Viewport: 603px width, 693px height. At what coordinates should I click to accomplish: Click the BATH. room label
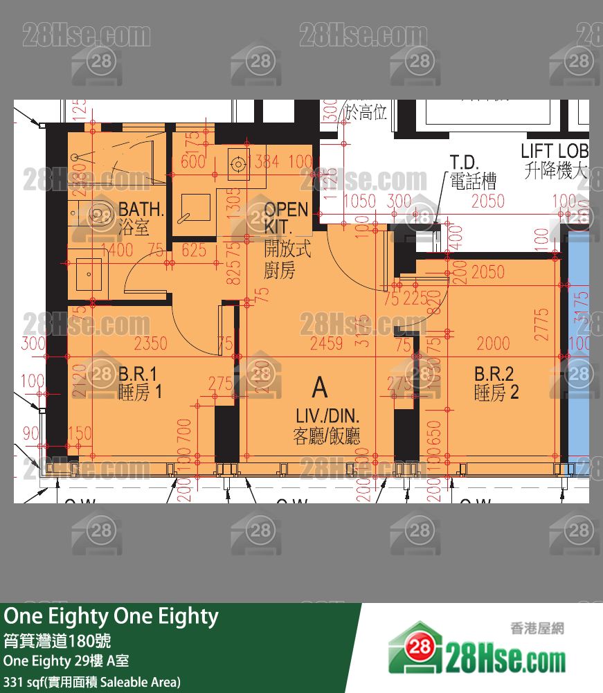(141, 208)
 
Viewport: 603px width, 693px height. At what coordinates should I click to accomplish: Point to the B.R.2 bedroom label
(494, 375)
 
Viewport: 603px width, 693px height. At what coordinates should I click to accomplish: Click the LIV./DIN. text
(327, 416)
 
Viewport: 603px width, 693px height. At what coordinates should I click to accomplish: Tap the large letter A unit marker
(319, 388)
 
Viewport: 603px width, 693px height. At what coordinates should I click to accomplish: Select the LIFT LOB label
(555, 151)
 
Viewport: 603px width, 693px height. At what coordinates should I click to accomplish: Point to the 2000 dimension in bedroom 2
(493, 343)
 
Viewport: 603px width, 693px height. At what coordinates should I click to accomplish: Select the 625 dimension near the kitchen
(195, 250)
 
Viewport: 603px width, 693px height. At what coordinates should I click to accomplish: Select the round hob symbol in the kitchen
(238, 163)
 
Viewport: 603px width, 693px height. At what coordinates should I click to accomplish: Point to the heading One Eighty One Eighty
(111, 616)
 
